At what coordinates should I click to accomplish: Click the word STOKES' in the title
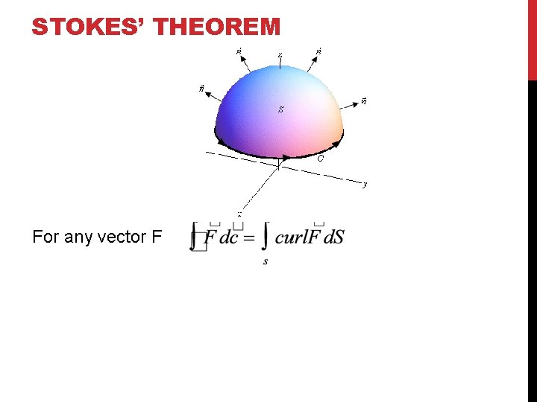(x=88, y=28)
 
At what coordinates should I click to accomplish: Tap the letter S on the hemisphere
(x=280, y=109)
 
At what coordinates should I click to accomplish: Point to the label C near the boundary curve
(x=320, y=158)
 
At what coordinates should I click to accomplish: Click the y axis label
(x=365, y=183)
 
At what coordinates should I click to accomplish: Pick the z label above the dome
(x=280, y=54)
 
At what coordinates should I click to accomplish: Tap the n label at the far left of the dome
(x=201, y=89)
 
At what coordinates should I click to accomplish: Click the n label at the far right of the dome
(x=363, y=100)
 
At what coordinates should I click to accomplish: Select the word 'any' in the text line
(x=78, y=237)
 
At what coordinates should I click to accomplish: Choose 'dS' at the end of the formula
(x=334, y=238)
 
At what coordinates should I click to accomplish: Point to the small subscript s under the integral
(x=266, y=261)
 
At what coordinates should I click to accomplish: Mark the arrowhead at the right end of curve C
(x=340, y=138)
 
